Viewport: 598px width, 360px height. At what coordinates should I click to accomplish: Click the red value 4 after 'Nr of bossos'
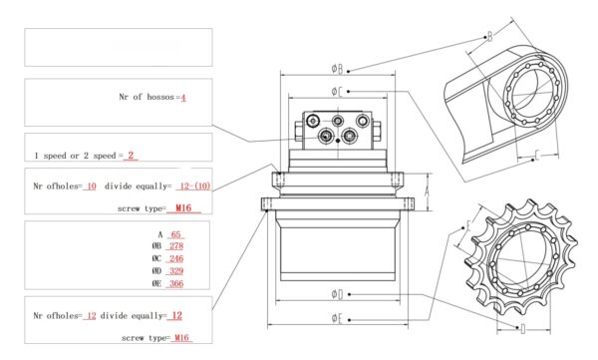[x=183, y=98]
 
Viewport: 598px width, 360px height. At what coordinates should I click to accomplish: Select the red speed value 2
[x=131, y=156]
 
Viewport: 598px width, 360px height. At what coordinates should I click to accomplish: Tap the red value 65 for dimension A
[x=175, y=234]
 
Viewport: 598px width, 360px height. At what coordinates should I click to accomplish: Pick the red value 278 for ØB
[x=176, y=246]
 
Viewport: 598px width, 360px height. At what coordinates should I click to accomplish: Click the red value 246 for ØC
[x=176, y=259]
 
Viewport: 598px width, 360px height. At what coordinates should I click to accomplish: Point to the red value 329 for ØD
[x=176, y=271]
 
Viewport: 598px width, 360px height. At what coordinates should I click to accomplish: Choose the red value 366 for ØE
[x=176, y=283]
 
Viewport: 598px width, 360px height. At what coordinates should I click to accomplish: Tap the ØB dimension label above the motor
[x=337, y=69]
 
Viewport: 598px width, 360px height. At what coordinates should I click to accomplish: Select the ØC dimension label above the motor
[x=337, y=92]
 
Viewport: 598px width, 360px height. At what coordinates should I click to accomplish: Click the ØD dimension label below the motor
[x=337, y=294]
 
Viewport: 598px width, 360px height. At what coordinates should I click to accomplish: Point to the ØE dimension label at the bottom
[x=337, y=318]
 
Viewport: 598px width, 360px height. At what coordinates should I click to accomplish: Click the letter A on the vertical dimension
[x=428, y=191]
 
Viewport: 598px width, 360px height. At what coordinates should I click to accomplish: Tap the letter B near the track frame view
[x=490, y=37]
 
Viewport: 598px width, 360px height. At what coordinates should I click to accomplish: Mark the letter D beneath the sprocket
[x=523, y=329]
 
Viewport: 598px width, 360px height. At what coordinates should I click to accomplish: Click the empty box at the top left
[x=119, y=47]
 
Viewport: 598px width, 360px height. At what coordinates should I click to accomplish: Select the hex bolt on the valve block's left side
[x=299, y=131]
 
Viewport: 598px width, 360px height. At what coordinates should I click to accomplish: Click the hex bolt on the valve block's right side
[x=377, y=131]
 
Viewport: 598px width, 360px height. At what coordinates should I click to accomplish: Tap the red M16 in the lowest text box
[x=181, y=338]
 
